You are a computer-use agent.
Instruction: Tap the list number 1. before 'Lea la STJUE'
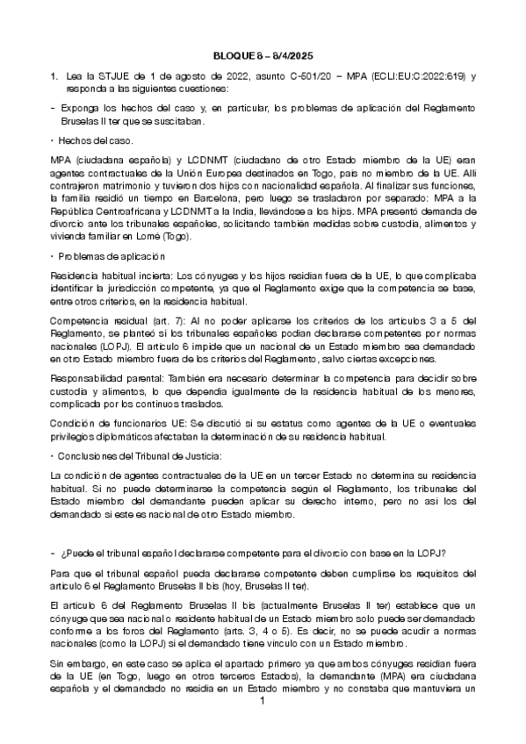click(54, 77)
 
